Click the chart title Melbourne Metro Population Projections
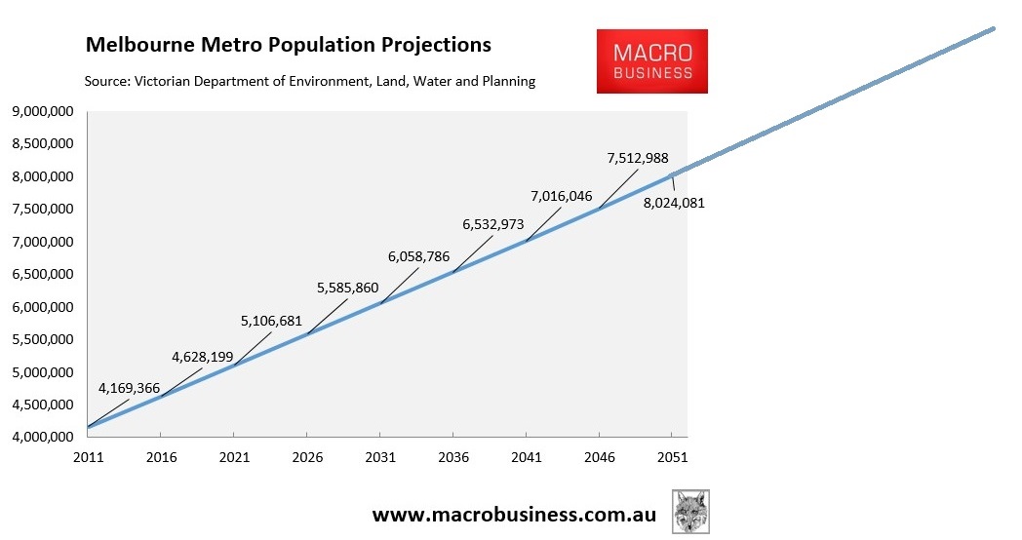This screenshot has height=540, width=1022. pos(289,45)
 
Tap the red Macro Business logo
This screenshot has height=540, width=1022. pos(652,60)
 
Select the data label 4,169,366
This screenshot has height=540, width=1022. pos(129,388)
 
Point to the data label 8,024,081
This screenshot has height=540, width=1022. pos(674,204)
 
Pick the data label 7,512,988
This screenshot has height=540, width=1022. pos(637,158)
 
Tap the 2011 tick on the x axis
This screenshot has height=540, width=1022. pos(88,457)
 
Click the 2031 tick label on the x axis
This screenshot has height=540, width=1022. pos(380,457)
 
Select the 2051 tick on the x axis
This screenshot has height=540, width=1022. pos(672,457)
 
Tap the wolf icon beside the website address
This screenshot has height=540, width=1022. pos(690,512)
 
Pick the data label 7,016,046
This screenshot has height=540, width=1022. pos(561,196)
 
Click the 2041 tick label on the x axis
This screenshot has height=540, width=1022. pos(526,457)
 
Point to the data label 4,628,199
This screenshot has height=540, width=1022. pos(202,357)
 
